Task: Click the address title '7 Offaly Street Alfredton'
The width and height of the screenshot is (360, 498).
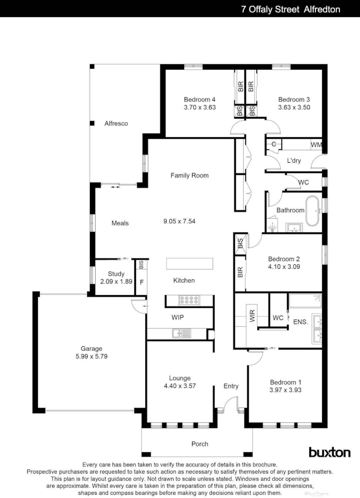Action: pos(290,9)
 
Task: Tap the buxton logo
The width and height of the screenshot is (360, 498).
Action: pos(329,452)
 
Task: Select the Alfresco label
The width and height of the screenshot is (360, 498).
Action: pos(116,124)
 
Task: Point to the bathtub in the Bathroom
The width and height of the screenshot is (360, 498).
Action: pos(313,211)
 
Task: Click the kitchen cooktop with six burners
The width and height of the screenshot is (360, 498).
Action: pos(189,300)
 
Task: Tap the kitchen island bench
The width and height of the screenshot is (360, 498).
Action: pos(190,264)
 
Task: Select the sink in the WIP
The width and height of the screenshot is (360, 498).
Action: pos(181,333)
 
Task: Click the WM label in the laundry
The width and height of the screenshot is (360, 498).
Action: pos(316,145)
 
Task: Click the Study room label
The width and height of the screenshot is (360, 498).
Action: pos(116,274)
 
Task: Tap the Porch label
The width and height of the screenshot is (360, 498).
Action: pos(200,444)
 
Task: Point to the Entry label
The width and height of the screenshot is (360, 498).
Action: pos(231,386)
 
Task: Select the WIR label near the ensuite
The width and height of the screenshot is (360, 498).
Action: pos(252,315)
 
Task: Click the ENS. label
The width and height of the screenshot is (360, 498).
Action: pos(300,321)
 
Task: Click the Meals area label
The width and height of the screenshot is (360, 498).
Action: pos(120,223)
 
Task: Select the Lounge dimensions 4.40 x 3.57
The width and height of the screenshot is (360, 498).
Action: pos(180,386)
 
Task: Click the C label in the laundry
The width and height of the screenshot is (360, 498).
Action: pos(274,144)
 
